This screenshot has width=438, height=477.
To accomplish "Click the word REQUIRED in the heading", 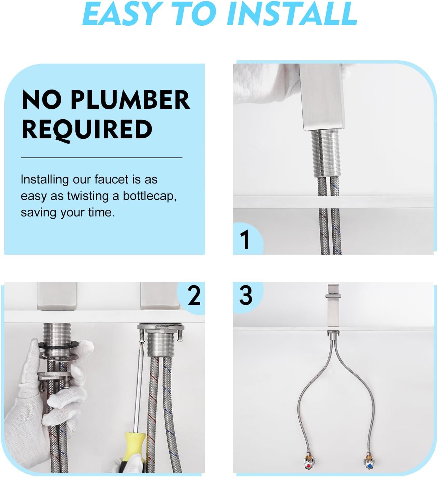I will pos(87,129).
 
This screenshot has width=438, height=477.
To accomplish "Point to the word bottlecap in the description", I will pos(150,196).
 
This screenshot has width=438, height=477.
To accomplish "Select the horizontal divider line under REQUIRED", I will pos(101,158).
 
